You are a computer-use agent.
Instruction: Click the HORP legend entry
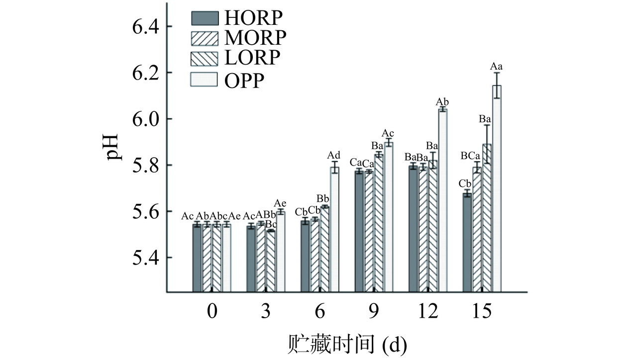(237, 17)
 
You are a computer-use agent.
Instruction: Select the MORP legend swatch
(205, 37)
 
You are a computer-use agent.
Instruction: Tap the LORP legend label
(252, 58)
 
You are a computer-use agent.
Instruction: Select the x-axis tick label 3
(266, 312)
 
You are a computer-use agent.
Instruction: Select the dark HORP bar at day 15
(467, 242)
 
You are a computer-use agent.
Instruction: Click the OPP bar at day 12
(442, 199)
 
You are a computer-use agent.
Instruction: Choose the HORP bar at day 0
(197, 257)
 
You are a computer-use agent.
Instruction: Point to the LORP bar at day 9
(379, 222)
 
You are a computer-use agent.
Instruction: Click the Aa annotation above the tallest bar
(496, 66)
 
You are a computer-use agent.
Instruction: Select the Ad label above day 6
(333, 156)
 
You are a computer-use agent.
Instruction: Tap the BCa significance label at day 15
(470, 156)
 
